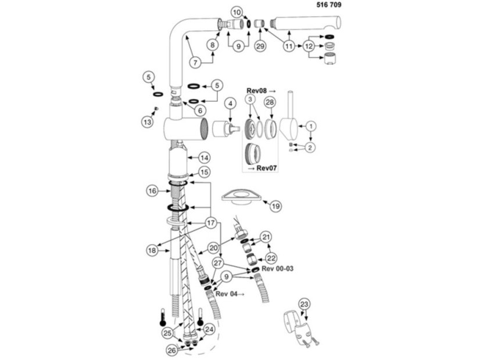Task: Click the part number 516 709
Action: click(328, 5)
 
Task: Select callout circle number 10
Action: click(237, 13)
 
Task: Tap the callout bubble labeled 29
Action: click(260, 46)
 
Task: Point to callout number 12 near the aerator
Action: click(309, 46)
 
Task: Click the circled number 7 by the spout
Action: click(195, 62)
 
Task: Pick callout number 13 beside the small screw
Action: click(148, 122)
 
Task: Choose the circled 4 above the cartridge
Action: click(231, 103)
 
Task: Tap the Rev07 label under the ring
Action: click(266, 168)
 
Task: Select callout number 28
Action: click(270, 102)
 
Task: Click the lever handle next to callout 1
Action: click(289, 119)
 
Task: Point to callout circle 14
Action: click(204, 158)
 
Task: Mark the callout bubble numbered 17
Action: click(211, 223)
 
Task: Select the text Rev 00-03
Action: click(277, 268)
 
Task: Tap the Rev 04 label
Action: click(227, 294)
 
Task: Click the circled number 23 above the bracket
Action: click(305, 304)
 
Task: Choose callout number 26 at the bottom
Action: click(173, 350)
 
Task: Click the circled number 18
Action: click(152, 250)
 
